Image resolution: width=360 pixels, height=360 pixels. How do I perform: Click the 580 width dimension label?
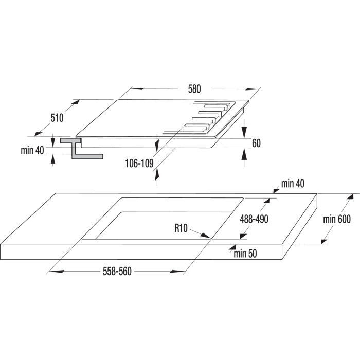[194, 89]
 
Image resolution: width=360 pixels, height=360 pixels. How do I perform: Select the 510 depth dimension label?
[57, 118]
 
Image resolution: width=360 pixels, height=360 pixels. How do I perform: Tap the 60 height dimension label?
[256, 143]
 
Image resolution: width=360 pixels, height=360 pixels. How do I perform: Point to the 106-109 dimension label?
[139, 164]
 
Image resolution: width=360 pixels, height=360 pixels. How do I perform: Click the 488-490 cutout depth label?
[254, 219]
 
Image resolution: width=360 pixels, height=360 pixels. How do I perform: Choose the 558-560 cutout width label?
[117, 272]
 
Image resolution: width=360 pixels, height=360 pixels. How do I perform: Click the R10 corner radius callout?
[181, 228]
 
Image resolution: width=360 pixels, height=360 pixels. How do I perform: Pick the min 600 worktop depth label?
[337, 219]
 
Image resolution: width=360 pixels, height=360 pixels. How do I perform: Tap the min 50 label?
[245, 254]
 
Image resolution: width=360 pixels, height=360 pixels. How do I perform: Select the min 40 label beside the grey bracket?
[32, 150]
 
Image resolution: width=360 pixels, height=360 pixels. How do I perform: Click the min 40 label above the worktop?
[293, 184]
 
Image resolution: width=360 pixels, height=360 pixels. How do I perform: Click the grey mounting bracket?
[81, 148]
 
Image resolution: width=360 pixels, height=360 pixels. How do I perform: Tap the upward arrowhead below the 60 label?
[244, 154]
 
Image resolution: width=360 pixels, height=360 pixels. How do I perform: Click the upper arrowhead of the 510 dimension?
[76, 102]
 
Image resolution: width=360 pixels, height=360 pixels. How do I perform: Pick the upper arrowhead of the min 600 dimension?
[351, 197]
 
